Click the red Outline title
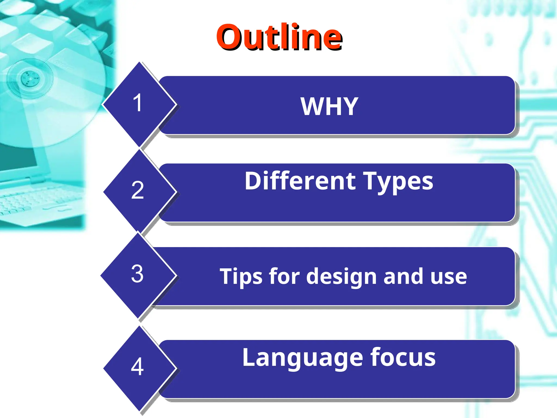(x=279, y=37)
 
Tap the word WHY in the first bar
(x=329, y=106)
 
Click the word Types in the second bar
(x=398, y=182)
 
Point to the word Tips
(x=240, y=276)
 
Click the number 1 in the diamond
(x=138, y=103)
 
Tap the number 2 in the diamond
(x=137, y=190)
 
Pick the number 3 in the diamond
(x=137, y=273)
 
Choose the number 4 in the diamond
(x=137, y=367)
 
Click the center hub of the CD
(x=30, y=78)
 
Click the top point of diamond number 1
(x=139, y=63)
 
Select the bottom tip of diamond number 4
(x=139, y=410)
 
